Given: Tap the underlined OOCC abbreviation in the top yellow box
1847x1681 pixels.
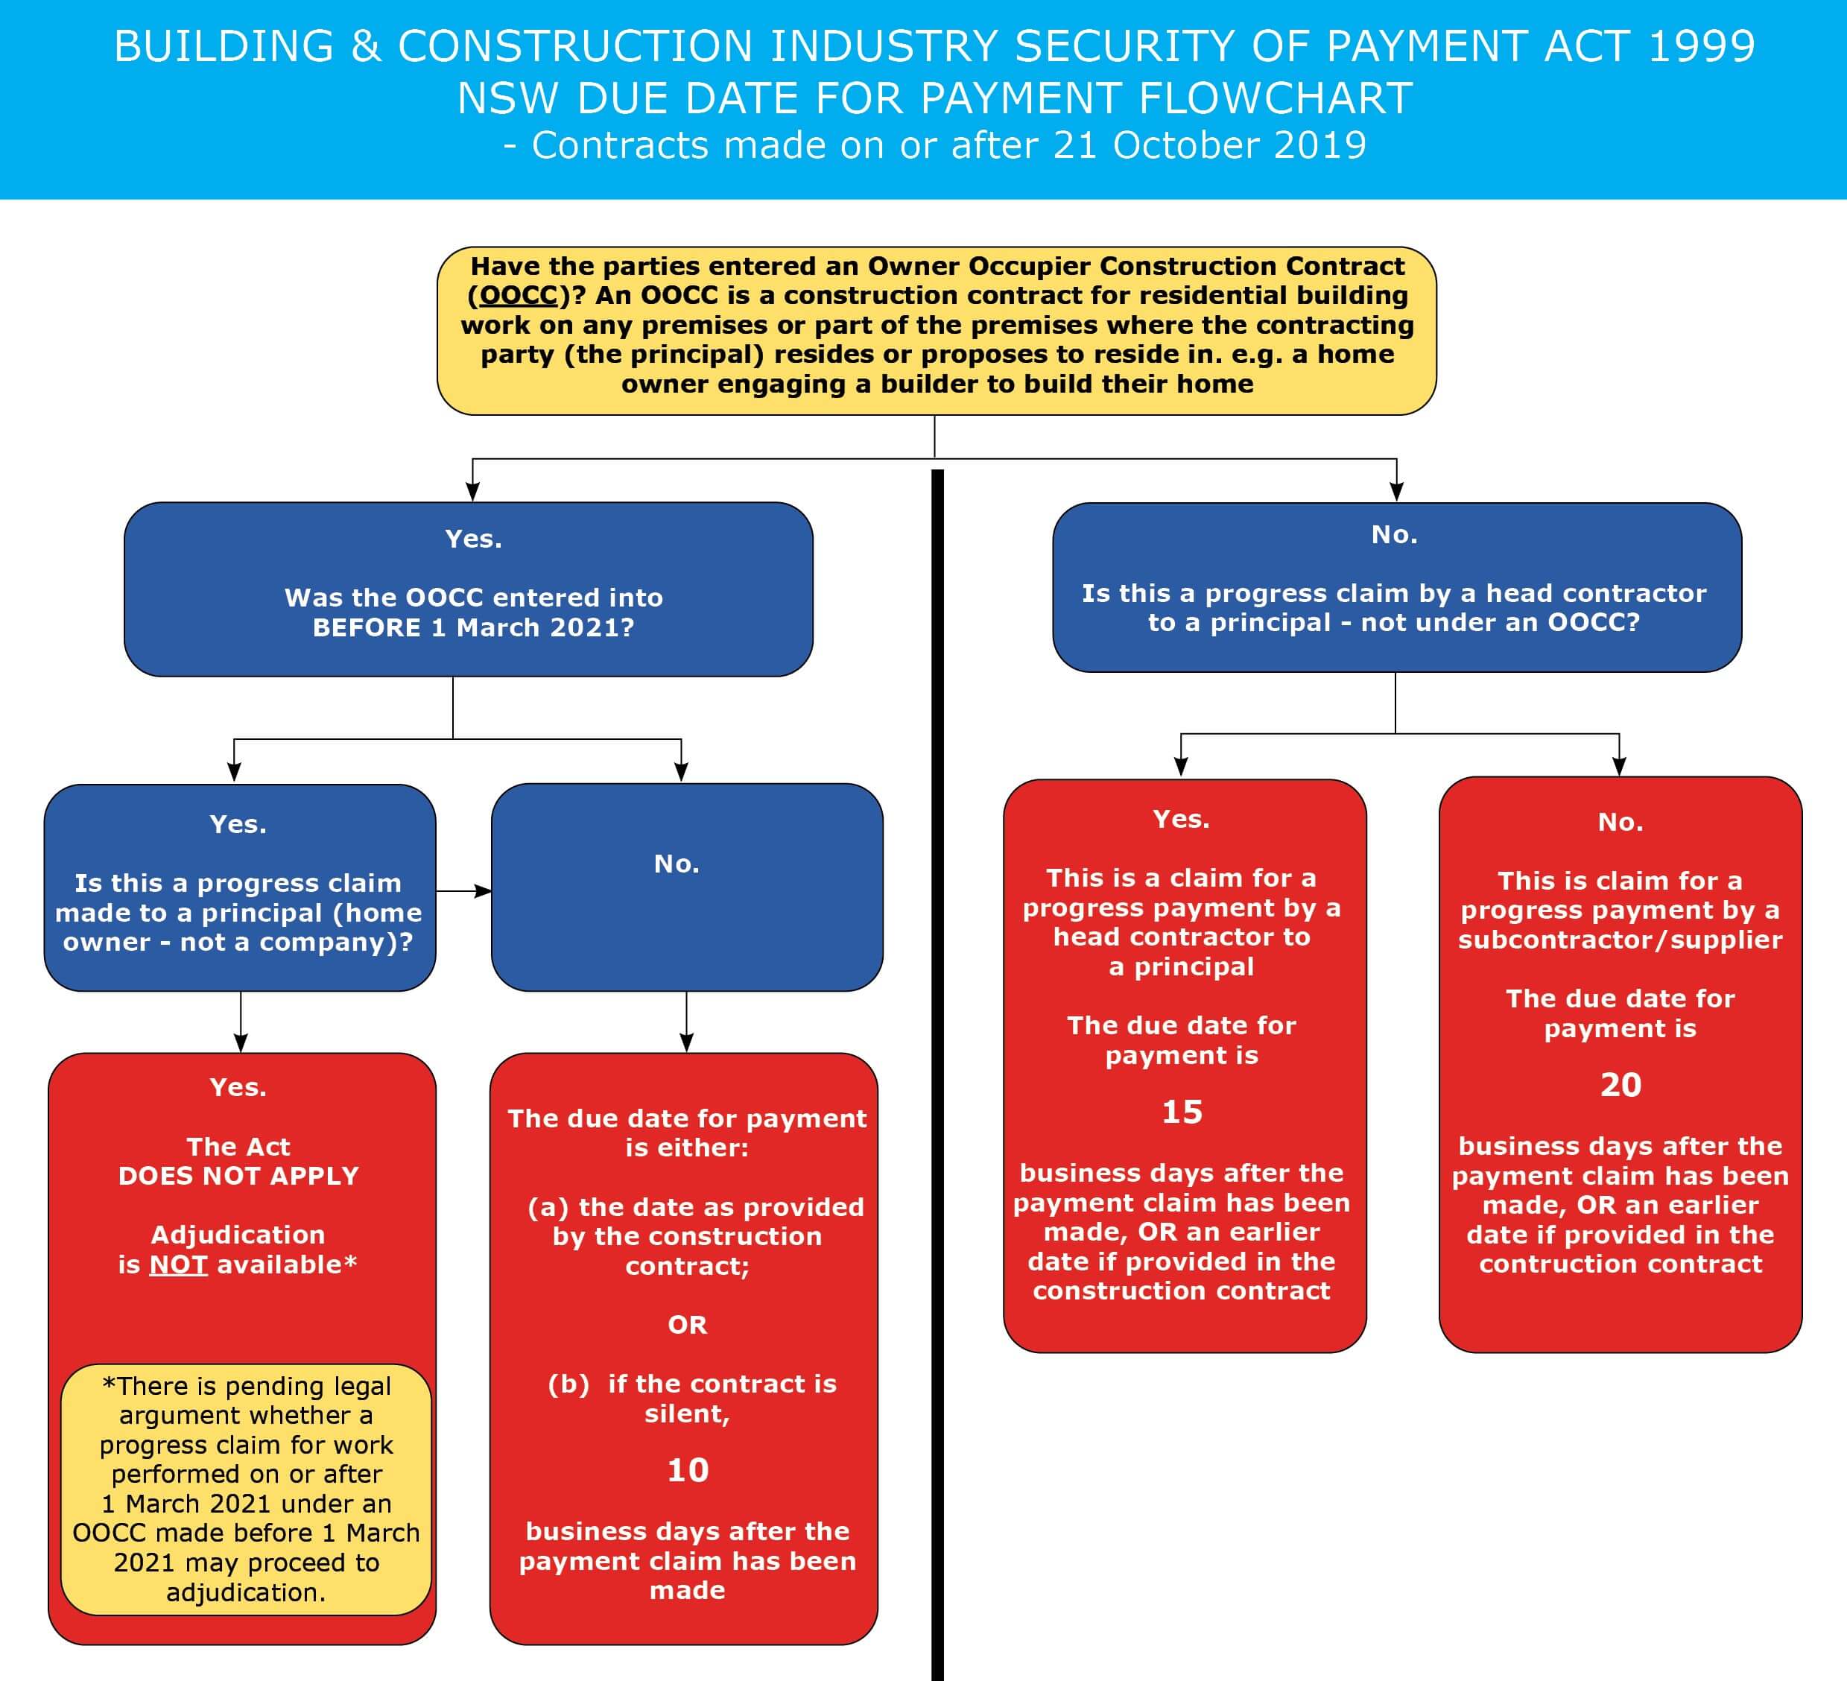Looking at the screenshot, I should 519,295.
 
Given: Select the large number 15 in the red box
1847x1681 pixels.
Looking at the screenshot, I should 1182,1112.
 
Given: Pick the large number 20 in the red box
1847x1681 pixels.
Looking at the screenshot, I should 1620,1085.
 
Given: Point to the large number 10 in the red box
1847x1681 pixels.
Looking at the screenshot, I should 687,1470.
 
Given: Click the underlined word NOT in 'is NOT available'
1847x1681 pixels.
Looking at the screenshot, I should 179,1264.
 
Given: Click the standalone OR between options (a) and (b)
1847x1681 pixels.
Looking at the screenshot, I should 687,1325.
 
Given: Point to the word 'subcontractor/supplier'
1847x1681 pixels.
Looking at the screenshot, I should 1620,940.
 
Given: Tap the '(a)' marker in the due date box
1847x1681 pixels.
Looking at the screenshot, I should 548,1206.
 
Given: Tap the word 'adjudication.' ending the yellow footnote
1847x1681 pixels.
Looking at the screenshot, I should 246,1592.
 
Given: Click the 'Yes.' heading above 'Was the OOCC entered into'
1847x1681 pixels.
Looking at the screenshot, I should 473,539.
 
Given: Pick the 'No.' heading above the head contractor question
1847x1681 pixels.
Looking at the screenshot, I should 1395,534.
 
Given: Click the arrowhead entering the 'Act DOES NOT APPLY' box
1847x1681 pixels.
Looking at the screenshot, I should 241,1042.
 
